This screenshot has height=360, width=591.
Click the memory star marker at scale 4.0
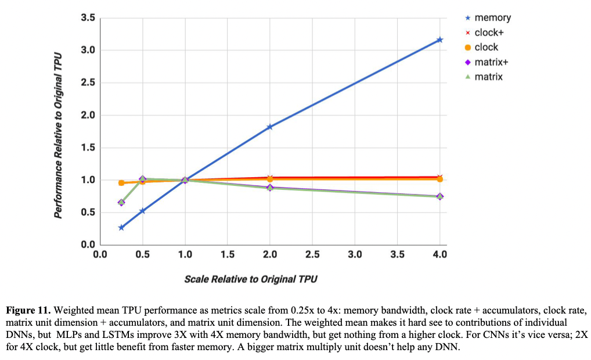tap(439, 39)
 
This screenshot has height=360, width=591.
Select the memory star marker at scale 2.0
tap(270, 127)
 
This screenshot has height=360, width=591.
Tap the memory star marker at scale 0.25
tap(121, 228)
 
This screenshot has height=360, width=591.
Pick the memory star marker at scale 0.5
tap(142, 211)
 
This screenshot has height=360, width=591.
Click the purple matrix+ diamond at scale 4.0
tap(439, 196)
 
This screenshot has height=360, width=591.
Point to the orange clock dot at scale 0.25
tap(121, 183)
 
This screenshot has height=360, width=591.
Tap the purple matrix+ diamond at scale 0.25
tap(121, 203)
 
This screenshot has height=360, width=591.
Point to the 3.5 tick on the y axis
tap(88, 18)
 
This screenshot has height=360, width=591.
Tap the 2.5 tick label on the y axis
tap(88, 83)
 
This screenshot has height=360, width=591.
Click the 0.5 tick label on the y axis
tap(88, 213)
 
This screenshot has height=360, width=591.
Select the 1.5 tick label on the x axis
tap(228, 254)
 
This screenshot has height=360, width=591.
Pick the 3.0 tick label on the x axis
tap(355, 254)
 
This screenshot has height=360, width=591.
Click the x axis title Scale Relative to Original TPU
tap(251, 279)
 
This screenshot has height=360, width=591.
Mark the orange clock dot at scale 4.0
tap(439, 179)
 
